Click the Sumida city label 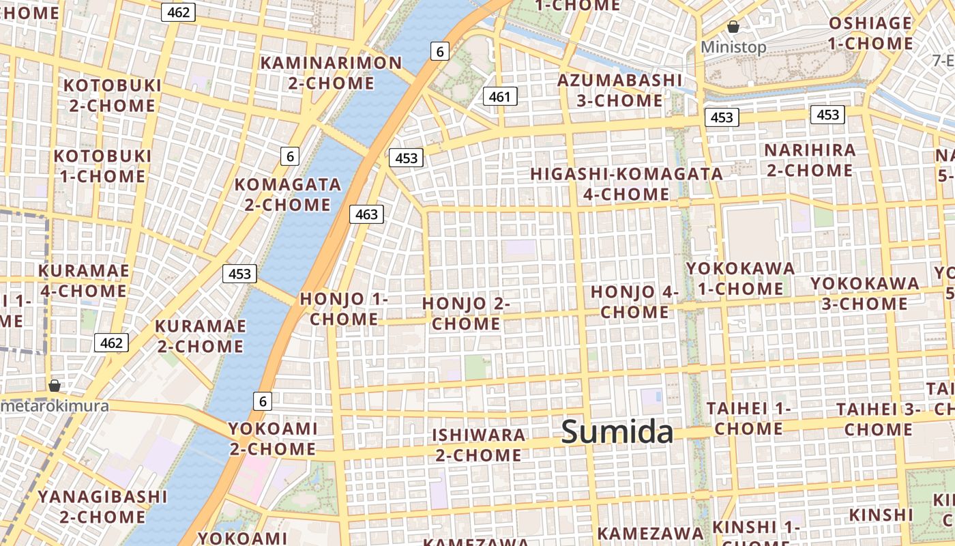617,432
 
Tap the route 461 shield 499,97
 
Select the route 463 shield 366,214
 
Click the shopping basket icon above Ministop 733,27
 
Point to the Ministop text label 733,47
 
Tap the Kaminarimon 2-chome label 332,73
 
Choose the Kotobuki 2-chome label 113,96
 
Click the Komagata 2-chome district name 288,195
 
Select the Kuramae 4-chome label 84,281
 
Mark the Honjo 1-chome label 344,308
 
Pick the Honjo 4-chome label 634,302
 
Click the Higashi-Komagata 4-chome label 626,184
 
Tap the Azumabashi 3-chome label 619,90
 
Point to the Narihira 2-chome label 810,160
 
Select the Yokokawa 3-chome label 864,293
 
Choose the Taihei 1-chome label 749,418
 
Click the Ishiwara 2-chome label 479,444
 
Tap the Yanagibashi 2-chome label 102,506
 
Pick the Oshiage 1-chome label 870,33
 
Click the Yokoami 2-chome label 273,438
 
